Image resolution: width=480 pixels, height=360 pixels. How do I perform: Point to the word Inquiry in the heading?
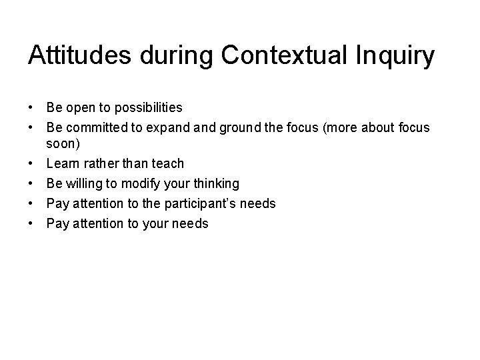pos(399,57)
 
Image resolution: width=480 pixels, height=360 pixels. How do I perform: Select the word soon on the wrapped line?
pos(61,143)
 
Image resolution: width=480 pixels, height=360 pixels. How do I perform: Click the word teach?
pos(167,163)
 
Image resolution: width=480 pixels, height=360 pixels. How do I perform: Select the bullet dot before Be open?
pos(31,107)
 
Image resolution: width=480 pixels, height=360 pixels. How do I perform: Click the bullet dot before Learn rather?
pos(31,163)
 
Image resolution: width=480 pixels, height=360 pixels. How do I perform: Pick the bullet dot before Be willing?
pos(31,183)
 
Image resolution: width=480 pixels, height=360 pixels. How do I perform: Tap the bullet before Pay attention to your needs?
pos(31,223)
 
